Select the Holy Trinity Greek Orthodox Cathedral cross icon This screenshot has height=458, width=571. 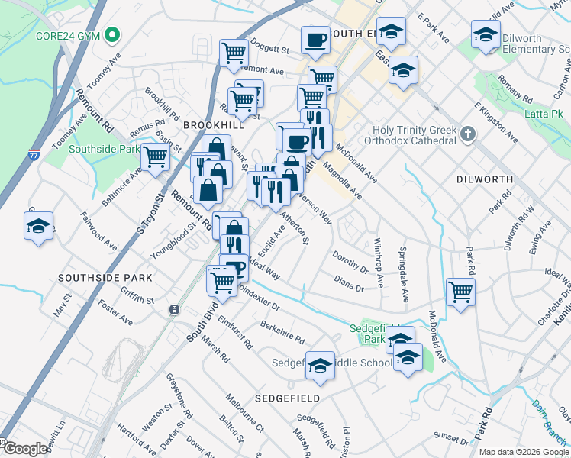[468, 134]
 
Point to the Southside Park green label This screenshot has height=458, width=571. [102, 150]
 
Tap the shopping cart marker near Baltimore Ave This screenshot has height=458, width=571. [155, 158]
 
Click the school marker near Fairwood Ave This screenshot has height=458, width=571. [39, 226]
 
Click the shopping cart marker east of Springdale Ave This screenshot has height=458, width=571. [460, 291]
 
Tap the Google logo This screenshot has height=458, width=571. [25, 449]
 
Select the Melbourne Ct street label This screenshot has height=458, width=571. [244, 411]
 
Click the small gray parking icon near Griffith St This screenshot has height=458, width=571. [175, 310]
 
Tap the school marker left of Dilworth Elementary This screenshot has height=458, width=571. [484, 34]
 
